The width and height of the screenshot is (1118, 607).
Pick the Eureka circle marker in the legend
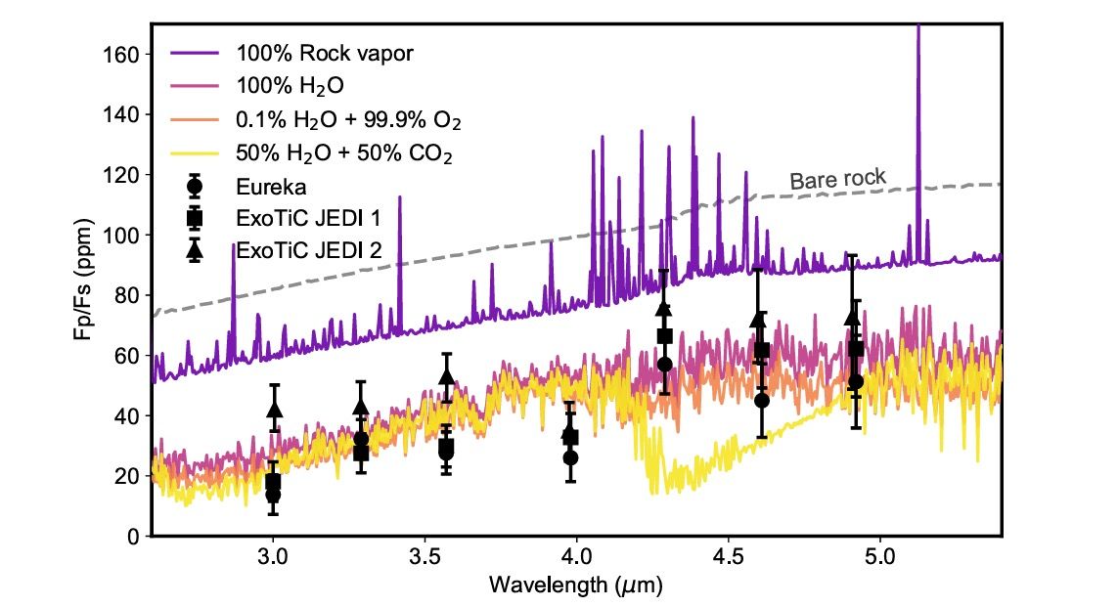[195, 184]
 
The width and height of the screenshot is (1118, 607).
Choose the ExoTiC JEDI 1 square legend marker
[195, 217]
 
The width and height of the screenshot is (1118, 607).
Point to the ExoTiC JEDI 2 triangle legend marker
[195, 249]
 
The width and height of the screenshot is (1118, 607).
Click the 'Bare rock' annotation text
[837, 179]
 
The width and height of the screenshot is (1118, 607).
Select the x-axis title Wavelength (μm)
[577, 585]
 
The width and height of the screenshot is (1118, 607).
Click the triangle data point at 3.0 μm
[274, 410]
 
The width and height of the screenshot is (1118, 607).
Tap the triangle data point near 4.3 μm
[664, 309]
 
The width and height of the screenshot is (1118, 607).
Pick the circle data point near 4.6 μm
[761, 401]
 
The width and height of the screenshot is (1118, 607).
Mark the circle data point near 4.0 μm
[570, 457]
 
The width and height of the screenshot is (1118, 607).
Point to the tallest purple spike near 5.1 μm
[917, 29]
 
